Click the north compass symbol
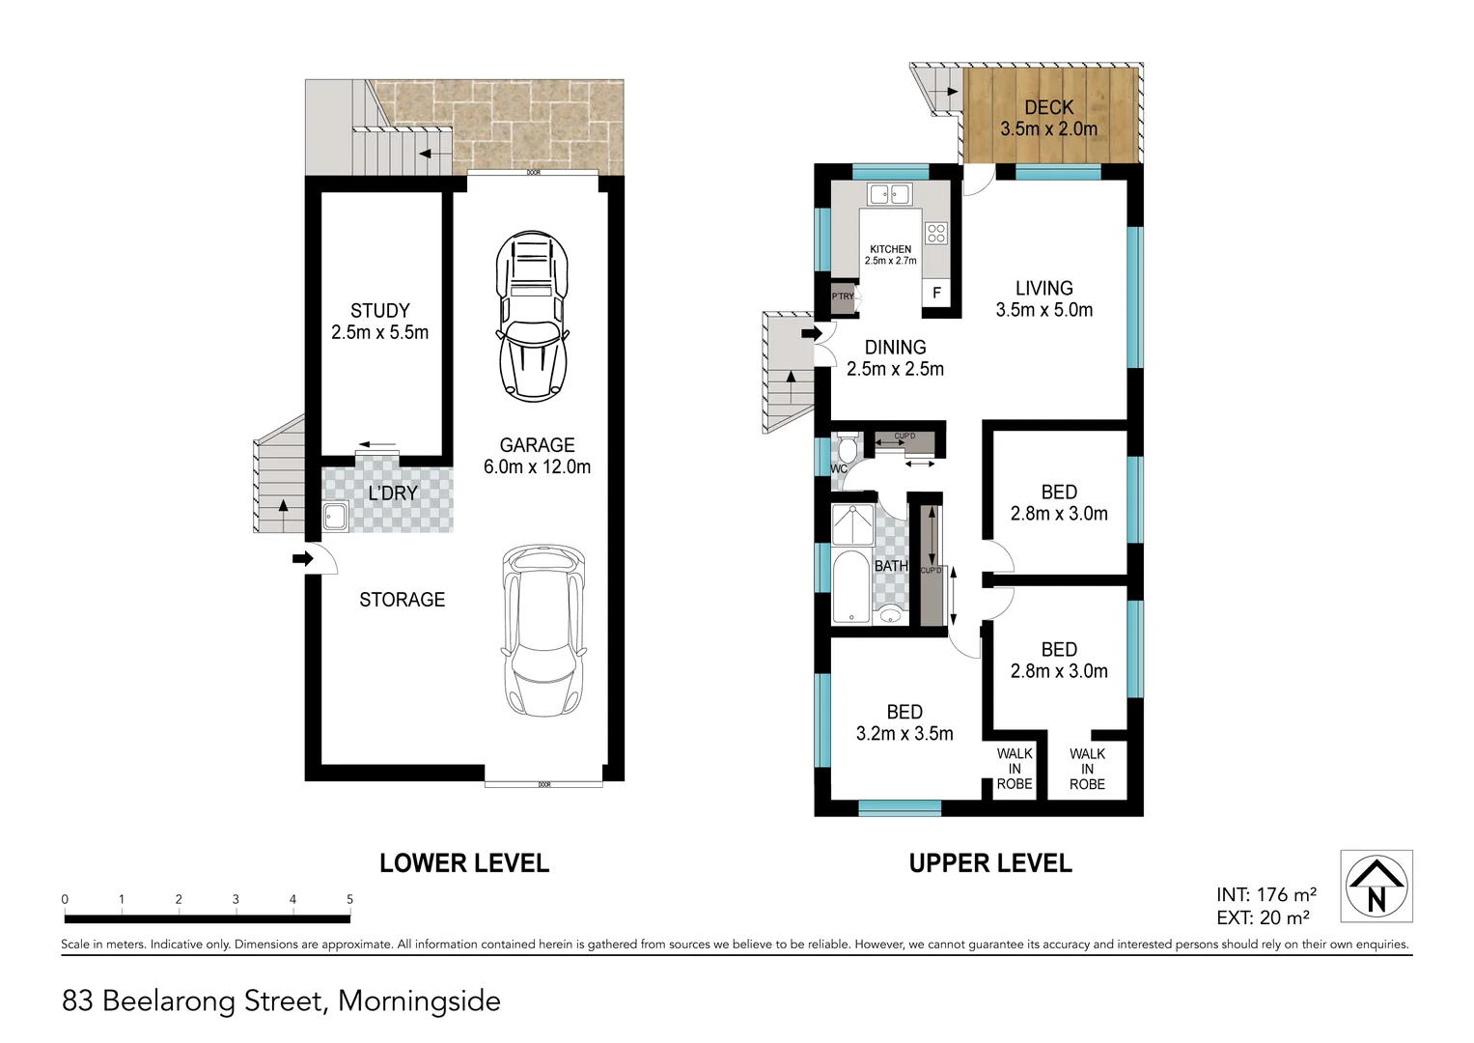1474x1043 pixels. [1377, 887]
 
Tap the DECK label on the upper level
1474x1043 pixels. [1048, 107]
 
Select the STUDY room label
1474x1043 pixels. [379, 311]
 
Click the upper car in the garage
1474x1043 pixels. [532, 316]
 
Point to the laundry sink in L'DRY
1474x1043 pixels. [335, 516]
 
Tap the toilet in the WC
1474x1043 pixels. [848, 450]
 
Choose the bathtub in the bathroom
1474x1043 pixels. [851, 586]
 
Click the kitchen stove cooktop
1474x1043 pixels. [936, 233]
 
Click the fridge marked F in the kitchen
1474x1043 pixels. [936, 293]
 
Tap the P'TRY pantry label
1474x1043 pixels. [842, 296]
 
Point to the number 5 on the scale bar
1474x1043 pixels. [349, 899]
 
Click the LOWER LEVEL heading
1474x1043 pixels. [463, 863]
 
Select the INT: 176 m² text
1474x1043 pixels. [1265, 895]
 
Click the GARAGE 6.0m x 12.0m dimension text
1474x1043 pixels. [537, 466]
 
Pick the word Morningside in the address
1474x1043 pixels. [419, 1001]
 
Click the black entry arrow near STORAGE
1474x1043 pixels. [302, 558]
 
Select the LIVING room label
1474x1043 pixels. [1043, 288]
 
